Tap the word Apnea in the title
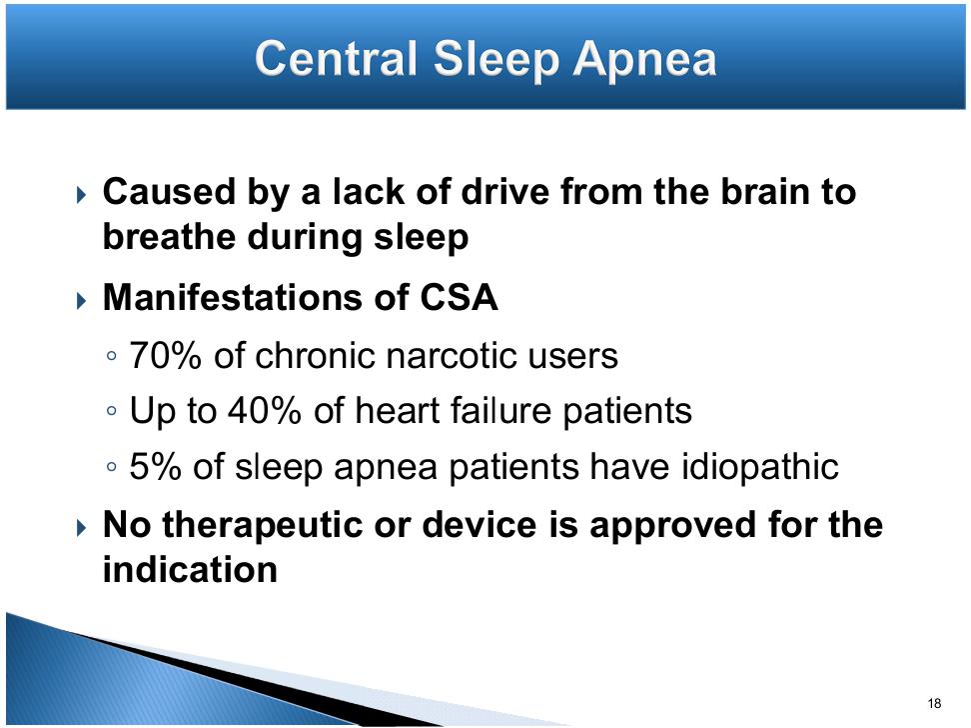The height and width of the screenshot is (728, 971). point(644,61)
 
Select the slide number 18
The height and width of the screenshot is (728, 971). point(934,703)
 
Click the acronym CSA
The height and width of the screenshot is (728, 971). point(459,297)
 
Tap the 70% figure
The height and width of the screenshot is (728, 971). point(165,356)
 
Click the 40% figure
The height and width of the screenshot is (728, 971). point(265,411)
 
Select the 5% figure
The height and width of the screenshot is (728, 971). point(155,466)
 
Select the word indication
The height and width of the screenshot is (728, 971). point(190,569)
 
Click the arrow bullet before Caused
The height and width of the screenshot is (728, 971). point(82,196)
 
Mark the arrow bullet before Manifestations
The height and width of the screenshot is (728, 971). point(82,301)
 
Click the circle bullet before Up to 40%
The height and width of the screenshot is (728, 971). point(112,411)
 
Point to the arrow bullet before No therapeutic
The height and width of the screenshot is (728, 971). point(82,528)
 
